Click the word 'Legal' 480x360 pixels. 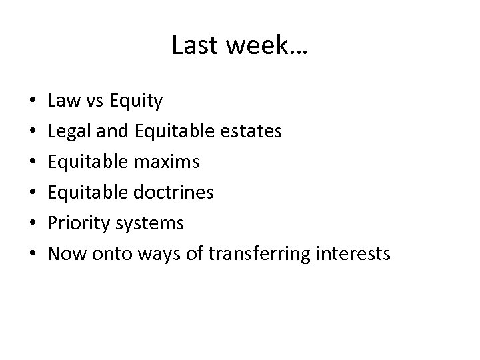(70, 131)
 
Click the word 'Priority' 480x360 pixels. (79, 223)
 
